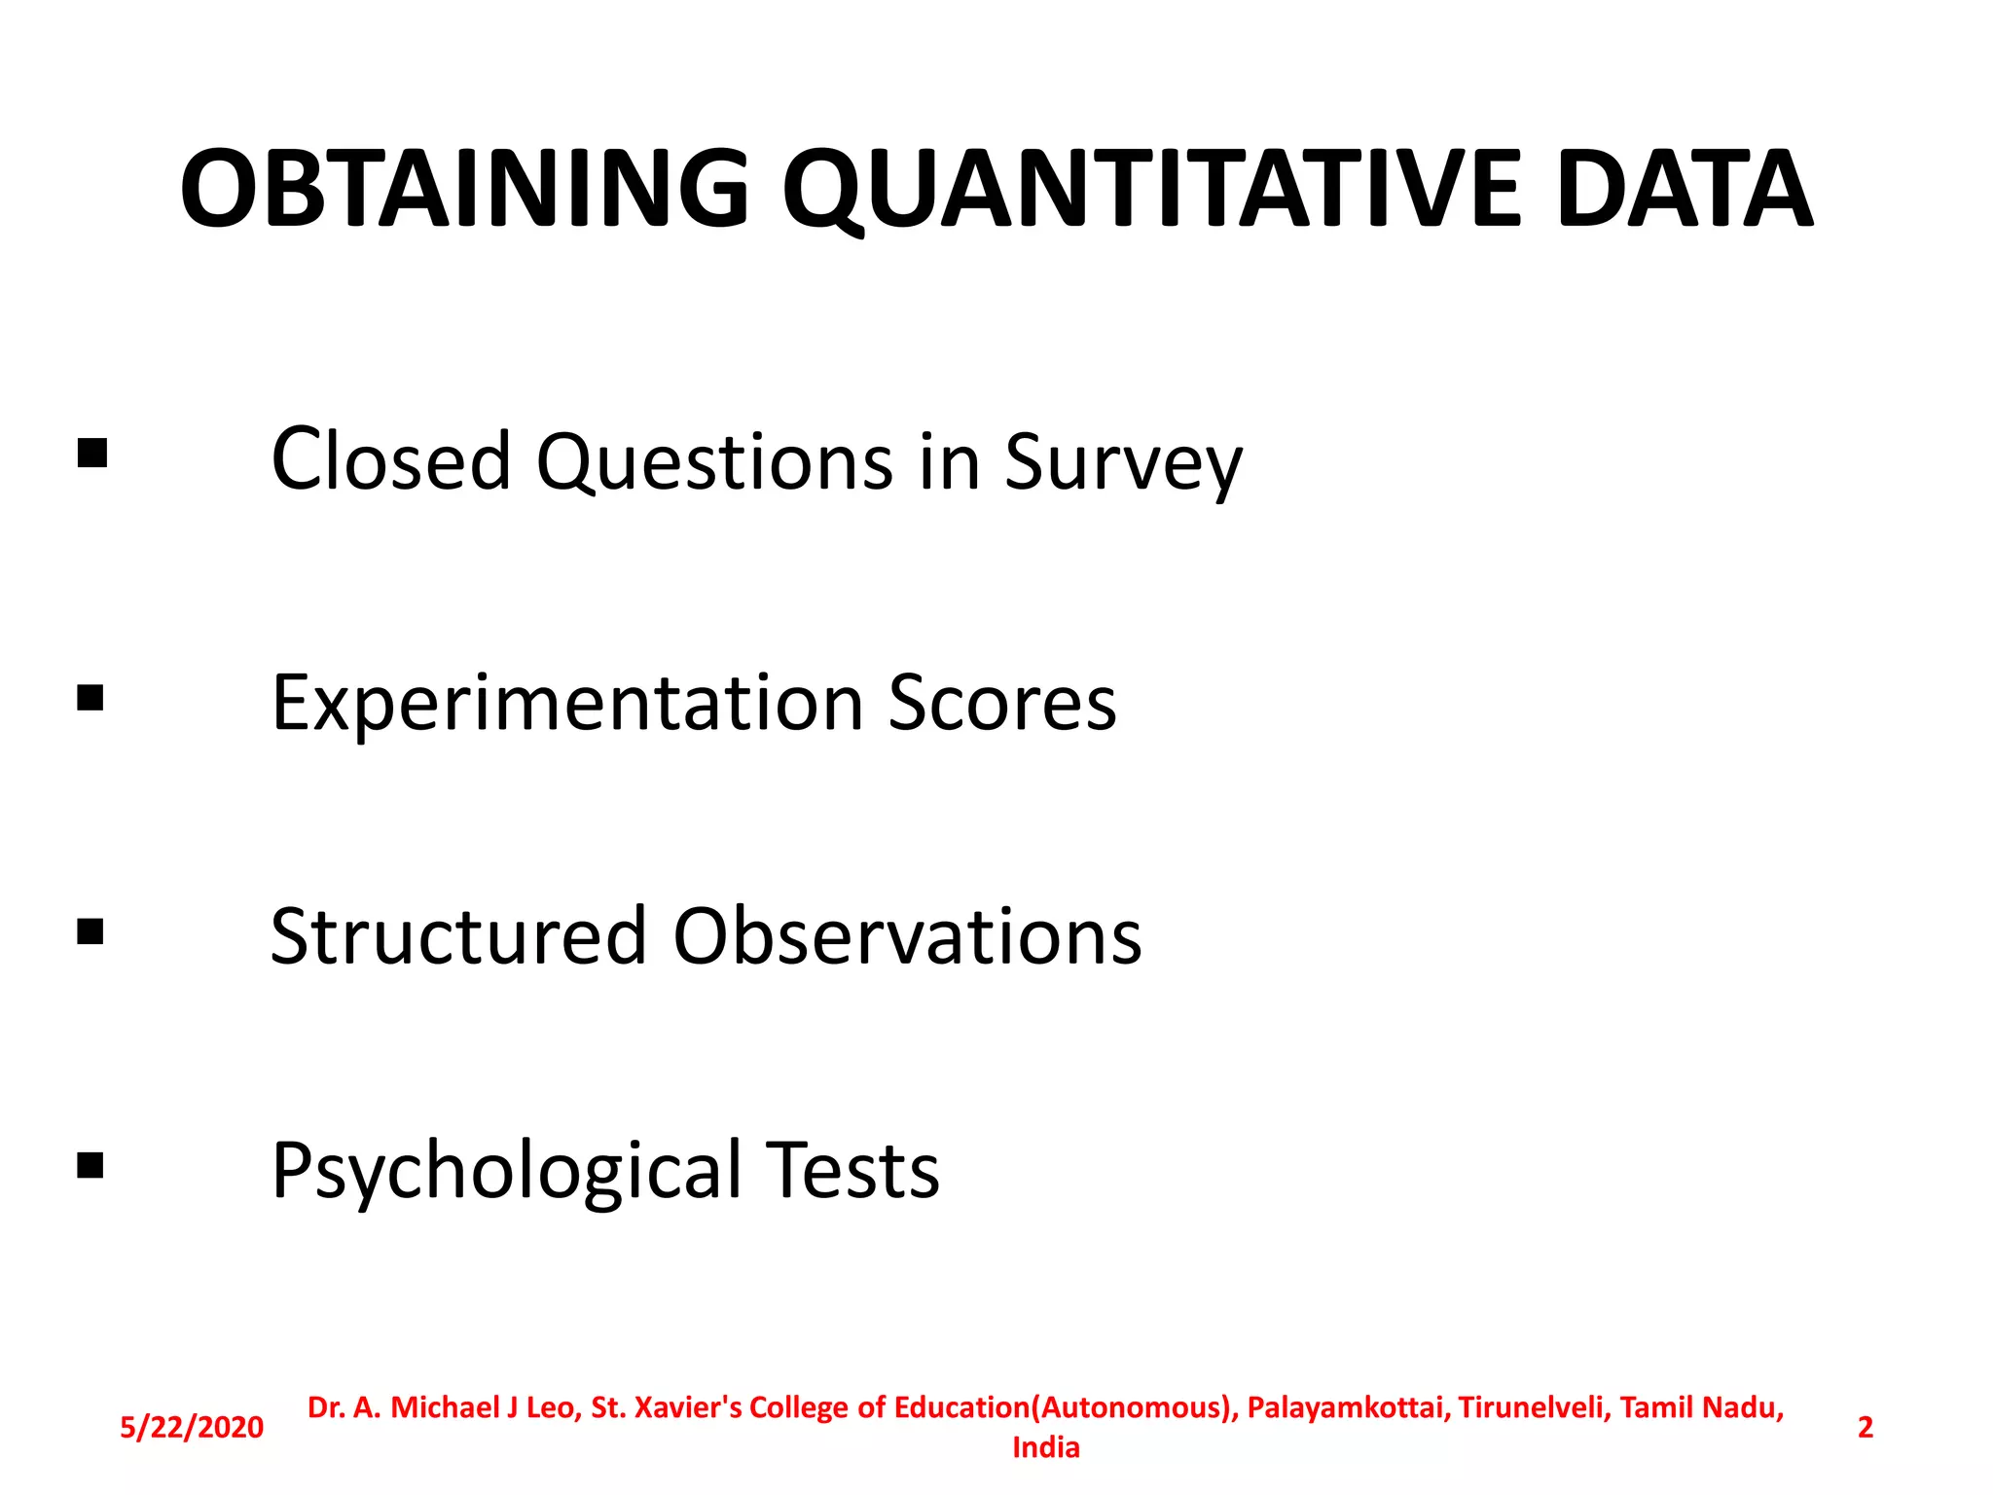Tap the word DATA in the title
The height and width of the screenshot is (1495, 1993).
pos(1685,189)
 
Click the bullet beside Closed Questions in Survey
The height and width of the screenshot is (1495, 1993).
pos(91,454)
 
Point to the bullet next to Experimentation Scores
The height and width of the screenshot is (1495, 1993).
pos(91,698)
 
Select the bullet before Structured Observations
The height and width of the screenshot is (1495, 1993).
pos(91,931)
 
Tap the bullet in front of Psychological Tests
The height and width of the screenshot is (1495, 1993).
pos(91,1165)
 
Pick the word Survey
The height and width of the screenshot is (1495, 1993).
pos(1123,462)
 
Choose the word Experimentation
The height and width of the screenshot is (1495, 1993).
pos(567,704)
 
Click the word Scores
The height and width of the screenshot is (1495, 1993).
pos(1002,702)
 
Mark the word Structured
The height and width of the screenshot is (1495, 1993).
pos(458,935)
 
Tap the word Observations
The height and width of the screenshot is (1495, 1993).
pos(907,935)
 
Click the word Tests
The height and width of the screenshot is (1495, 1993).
pos(852,1169)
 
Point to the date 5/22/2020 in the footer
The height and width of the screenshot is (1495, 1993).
pos(192,1427)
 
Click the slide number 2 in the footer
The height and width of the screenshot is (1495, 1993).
pos(1865,1427)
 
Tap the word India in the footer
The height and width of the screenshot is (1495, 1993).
pos(1046,1447)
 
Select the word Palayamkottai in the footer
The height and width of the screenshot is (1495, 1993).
pos(1349,1407)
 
